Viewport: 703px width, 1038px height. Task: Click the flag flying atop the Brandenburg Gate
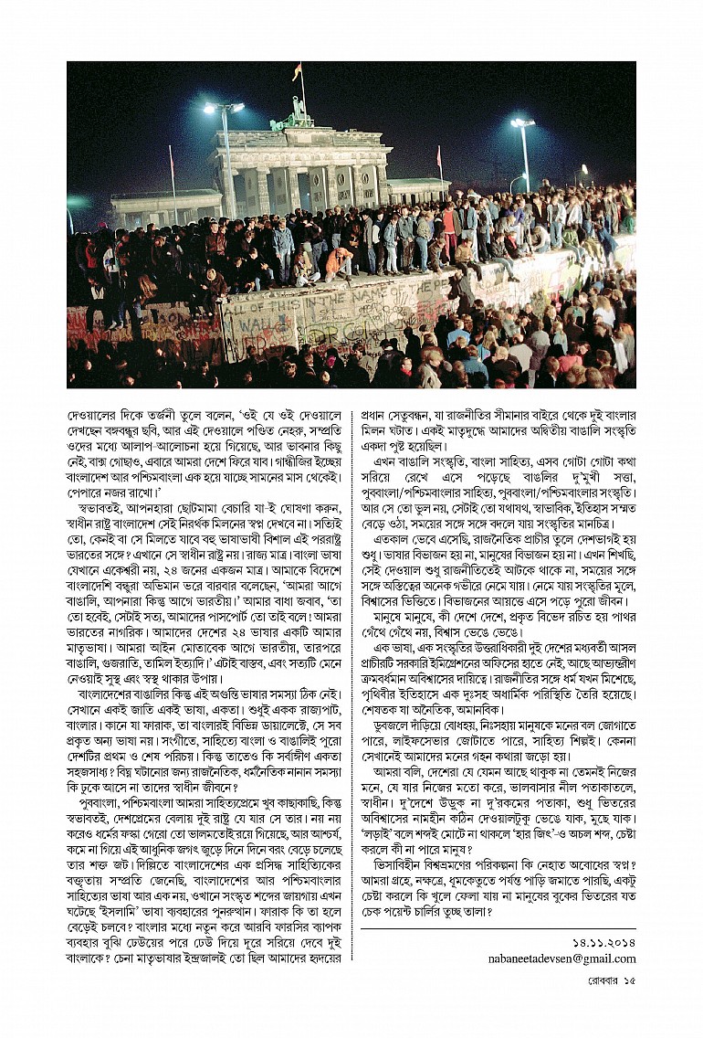point(297,70)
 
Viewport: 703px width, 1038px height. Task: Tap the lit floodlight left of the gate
point(224,108)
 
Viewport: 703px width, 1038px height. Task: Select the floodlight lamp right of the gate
point(522,123)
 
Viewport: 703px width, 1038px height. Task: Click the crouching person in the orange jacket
point(339,262)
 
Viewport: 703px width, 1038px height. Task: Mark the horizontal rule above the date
point(498,928)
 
